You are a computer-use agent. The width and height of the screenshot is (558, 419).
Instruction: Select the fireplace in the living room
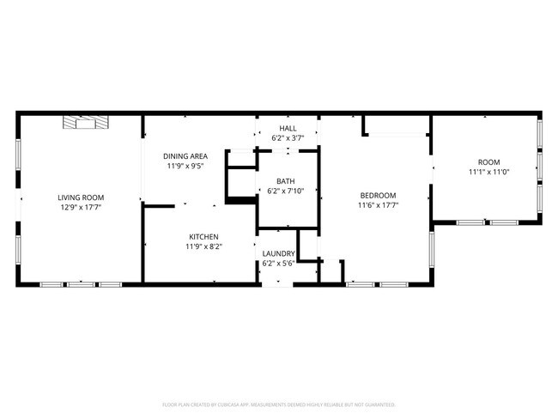pyautogui.click(x=86, y=124)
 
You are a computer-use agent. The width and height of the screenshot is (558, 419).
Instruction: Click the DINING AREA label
pyautogui.click(x=185, y=156)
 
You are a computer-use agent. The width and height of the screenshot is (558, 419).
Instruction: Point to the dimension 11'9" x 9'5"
pyautogui.click(x=185, y=166)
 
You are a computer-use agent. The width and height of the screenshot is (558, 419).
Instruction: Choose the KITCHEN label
pyautogui.click(x=204, y=237)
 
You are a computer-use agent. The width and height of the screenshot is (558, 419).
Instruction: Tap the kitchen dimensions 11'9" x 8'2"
pyautogui.click(x=204, y=246)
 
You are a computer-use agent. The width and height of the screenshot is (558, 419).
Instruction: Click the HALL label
pyautogui.click(x=288, y=128)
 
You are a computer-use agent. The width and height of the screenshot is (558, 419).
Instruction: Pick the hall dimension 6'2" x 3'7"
pyautogui.click(x=288, y=137)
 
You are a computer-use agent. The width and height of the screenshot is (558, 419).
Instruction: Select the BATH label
pyautogui.click(x=285, y=181)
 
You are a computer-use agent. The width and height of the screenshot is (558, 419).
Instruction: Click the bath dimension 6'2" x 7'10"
pyautogui.click(x=285, y=191)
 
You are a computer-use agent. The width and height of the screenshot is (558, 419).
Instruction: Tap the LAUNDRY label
pyautogui.click(x=279, y=254)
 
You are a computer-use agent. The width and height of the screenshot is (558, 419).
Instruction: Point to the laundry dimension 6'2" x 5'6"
pyautogui.click(x=279, y=264)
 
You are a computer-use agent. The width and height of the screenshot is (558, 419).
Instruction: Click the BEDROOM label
pyautogui.click(x=378, y=195)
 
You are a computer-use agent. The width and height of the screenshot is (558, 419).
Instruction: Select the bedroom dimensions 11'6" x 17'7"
pyautogui.click(x=378, y=205)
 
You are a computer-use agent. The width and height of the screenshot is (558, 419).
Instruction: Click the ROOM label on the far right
pyautogui.click(x=488, y=162)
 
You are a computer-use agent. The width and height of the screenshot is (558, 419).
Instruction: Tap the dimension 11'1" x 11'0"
pyautogui.click(x=488, y=172)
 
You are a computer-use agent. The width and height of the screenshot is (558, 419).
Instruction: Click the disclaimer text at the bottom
pyautogui.click(x=279, y=404)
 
